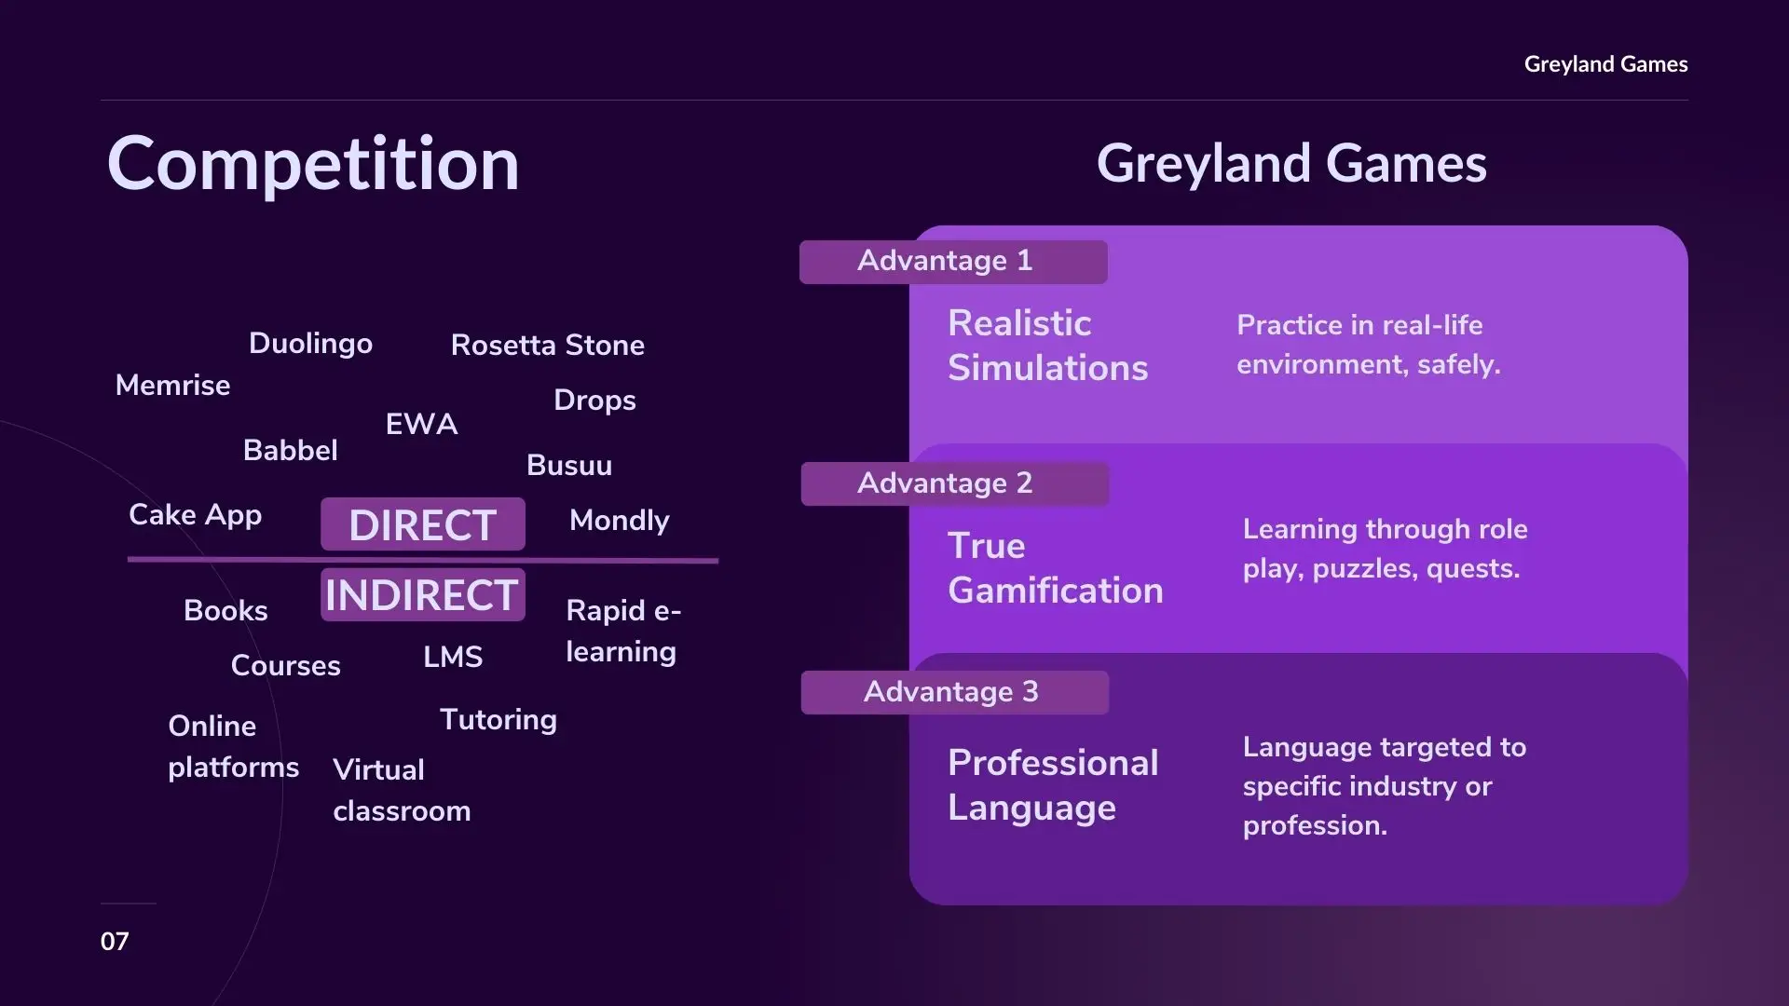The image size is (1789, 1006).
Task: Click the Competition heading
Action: [313, 164]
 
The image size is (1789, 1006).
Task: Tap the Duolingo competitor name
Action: [310, 345]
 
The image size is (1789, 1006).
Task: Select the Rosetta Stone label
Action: [548, 346]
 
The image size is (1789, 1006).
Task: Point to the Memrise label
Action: [172, 386]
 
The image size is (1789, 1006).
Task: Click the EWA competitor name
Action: [421, 425]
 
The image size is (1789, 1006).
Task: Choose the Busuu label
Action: [569, 466]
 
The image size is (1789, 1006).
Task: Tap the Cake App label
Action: [195, 516]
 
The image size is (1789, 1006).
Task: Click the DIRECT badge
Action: [423, 524]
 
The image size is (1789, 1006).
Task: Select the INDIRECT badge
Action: [423, 594]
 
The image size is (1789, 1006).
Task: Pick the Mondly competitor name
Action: [620, 522]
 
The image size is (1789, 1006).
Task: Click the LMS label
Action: [453, 658]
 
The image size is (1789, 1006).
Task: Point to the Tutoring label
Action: [498, 721]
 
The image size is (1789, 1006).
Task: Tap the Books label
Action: [225, 611]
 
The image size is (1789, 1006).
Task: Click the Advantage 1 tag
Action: [953, 262]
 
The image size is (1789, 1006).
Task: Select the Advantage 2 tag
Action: [955, 484]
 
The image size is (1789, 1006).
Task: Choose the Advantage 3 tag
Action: [955, 692]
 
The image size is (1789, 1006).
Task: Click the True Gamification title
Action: [1056, 568]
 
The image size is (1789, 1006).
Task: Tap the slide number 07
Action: [115, 942]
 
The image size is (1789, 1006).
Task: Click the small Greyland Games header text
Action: [1605, 64]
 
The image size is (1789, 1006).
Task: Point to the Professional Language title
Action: [1053, 785]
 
